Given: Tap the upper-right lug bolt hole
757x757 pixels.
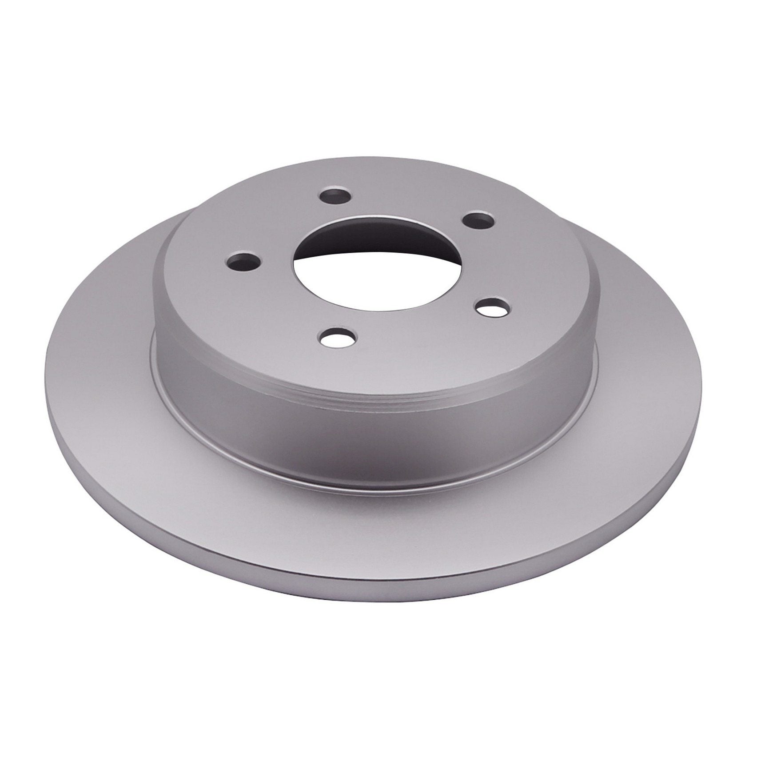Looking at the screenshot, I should [x=478, y=219].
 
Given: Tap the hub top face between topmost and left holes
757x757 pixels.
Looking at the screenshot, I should [x=275, y=222].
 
